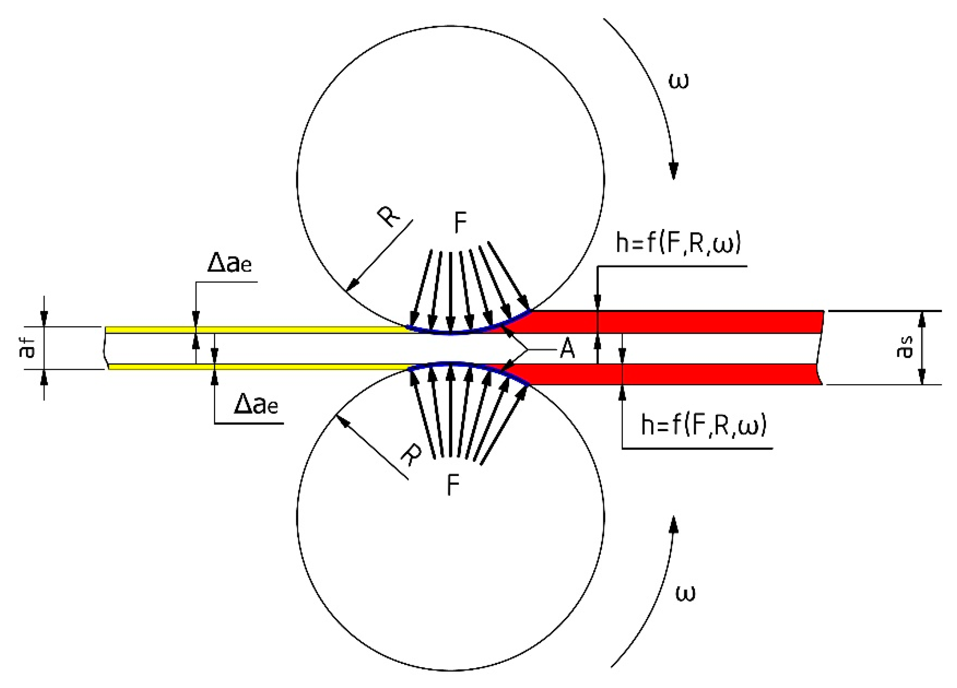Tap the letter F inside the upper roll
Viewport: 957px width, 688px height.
(460, 222)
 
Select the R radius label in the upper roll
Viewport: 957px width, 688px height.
(389, 217)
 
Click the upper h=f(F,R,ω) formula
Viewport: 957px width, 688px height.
(678, 244)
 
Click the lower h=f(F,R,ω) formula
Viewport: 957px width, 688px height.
(703, 425)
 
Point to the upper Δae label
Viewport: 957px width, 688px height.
(230, 263)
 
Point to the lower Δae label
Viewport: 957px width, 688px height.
(256, 406)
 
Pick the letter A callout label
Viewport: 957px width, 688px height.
(567, 349)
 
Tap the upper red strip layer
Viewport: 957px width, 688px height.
(675, 322)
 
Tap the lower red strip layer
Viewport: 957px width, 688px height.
(675, 374)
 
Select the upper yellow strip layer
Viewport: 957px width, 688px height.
(253, 330)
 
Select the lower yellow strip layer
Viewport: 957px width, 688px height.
(253, 366)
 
